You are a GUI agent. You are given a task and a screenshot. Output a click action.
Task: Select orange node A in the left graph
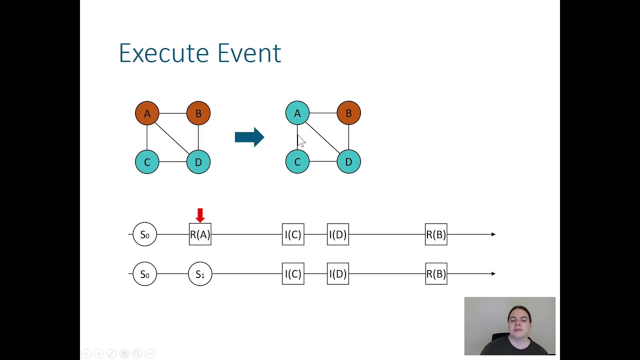pyautogui.click(x=147, y=113)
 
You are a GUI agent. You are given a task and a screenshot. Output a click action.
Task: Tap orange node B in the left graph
pyautogui.click(x=198, y=113)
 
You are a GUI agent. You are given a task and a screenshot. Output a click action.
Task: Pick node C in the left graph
pyautogui.click(x=147, y=162)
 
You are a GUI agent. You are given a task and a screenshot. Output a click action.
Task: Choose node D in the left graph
pyautogui.click(x=198, y=162)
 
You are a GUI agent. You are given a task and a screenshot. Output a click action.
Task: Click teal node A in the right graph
pyautogui.click(x=297, y=113)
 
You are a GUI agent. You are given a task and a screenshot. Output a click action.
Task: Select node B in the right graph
pyautogui.click(x=348, y=113)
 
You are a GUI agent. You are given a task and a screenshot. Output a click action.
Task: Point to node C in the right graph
pyautogui.click(x=297, y=162)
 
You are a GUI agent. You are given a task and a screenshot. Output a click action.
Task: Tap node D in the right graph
pyautogui.click(x=348, y=162)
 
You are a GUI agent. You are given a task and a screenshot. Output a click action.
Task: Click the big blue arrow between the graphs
pyautogui.click(x=249, y=137)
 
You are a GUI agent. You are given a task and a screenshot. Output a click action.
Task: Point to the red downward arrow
pyautogui.click(x=200, y=215)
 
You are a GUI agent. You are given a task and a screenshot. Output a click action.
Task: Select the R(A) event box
pyautogui.click(x=200, y=234)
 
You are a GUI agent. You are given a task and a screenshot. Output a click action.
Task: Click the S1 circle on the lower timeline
pyautogui.click(x=200, y=274)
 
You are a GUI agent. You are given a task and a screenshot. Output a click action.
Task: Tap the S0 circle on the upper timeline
pyautogui.click(x=144, y=234)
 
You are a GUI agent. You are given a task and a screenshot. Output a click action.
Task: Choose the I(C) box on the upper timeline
pyautogui.click(x=293, y=234)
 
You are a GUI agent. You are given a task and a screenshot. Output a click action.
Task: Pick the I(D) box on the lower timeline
pyautogui.click(x=338, y=274)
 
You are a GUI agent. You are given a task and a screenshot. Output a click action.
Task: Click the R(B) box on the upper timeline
pyautogui.click(x=436, y=234)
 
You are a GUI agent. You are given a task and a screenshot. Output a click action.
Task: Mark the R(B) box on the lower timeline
pyautogui.click(x=436, y=274)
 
